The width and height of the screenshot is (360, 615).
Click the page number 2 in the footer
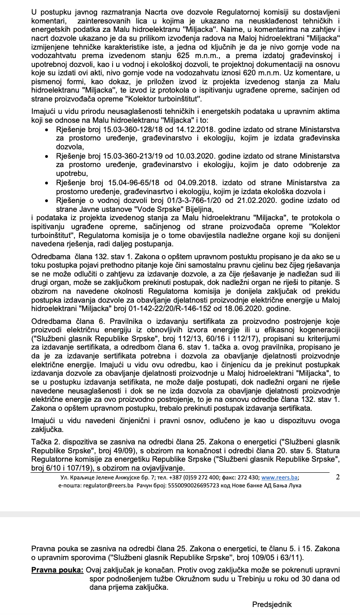[338, 477]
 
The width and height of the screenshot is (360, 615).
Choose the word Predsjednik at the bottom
[272, 604]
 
